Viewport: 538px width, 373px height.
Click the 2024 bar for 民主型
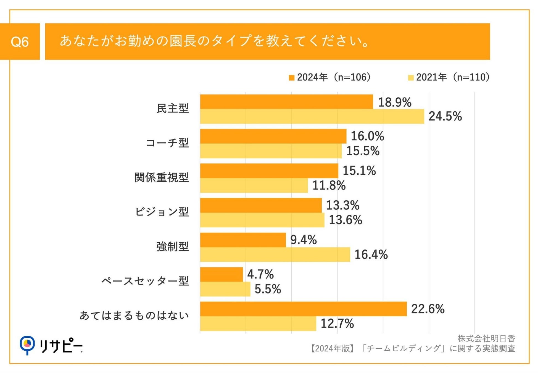[x=286, y=102]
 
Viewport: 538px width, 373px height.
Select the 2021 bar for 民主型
[x=312, y=116]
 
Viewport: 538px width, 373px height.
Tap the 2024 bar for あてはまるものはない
[x=303, y=309]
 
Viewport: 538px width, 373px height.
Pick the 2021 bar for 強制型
[x=275, y=254]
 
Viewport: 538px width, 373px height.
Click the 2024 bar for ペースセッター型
[x=221, y=274]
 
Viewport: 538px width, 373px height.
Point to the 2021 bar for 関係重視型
[x=254, y=185]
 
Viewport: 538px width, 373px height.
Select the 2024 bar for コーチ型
[x=273, y=136]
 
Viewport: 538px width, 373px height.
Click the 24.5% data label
[x=445, y=116]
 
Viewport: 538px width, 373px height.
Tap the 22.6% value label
[x=428, y=309]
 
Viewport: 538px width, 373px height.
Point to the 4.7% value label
[x=260, y=274]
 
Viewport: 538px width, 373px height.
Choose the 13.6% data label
[x=345, y=220]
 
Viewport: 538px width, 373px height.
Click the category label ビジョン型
[x=162, y=212]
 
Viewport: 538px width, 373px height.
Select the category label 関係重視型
[x=162, y=178]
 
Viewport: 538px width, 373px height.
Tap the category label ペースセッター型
[x=145, y=281]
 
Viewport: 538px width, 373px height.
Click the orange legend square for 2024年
[x=292, y=78]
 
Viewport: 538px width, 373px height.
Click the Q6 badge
[x=20, y=42]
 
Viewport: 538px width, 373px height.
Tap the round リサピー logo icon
[x=27, y=344]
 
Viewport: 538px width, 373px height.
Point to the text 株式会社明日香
[x=486, y=338]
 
